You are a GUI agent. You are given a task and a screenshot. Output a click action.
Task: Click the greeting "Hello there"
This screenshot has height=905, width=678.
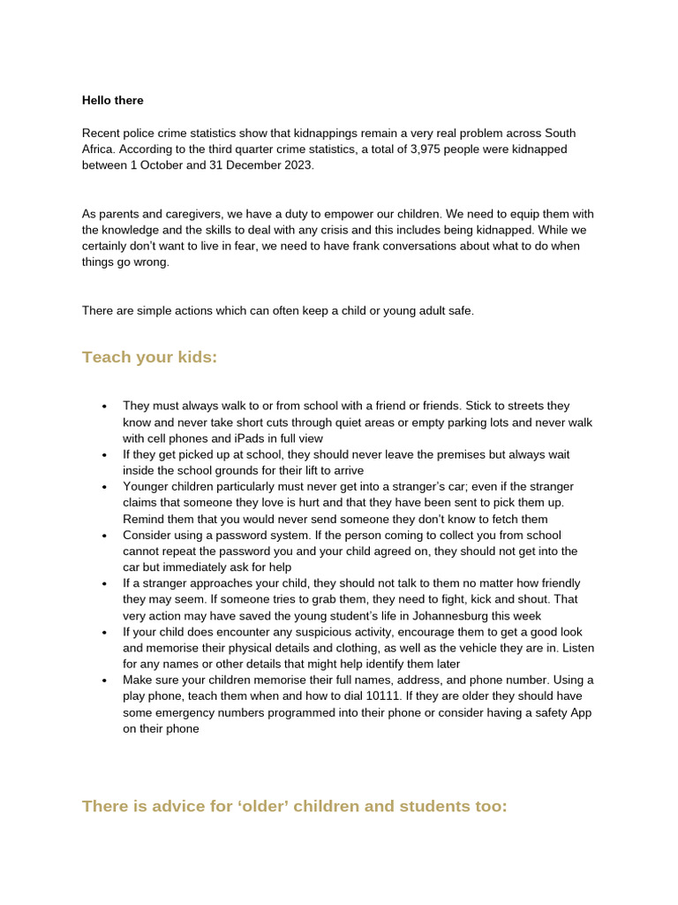click(x=112, y=101)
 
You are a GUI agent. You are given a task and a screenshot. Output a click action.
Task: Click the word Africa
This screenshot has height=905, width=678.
click(x=99, y=149)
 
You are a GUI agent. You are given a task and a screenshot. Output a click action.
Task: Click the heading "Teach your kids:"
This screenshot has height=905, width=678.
click(x=149, y=357)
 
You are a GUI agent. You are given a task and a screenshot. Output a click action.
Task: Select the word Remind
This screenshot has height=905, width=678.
click(x=143, y=519)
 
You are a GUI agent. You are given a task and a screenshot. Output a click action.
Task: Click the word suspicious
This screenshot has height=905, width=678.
click(x=275, y=632)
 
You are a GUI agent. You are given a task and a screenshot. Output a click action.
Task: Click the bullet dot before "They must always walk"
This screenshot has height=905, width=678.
click(x=104, y=407)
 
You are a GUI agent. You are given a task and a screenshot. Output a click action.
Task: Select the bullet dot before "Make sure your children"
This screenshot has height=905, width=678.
click(x=104, y=681)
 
